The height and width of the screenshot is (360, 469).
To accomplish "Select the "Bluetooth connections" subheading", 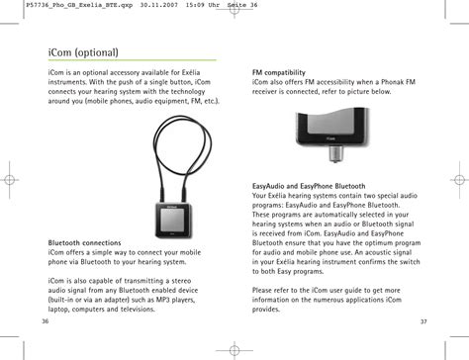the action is point(85,242).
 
